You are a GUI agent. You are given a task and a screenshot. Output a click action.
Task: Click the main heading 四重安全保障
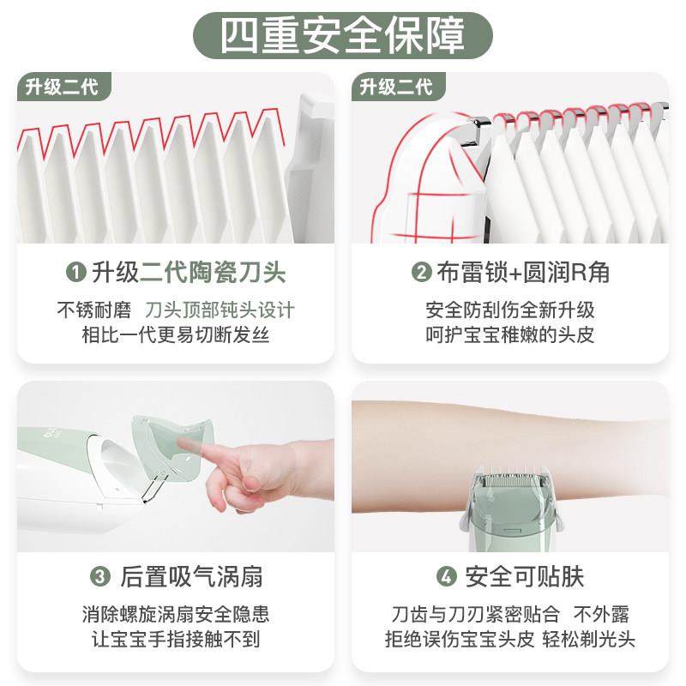point(342,33)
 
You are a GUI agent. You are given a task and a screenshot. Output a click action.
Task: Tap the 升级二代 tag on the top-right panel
point(396,87)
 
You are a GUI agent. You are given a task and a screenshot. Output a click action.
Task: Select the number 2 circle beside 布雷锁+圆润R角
point(421,274)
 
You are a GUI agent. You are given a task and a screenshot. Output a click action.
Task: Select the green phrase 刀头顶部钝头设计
point(220,310)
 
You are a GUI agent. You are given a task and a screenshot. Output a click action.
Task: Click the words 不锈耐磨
point(91,310)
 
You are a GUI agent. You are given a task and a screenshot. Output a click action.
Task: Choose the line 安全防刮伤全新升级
point(510,310)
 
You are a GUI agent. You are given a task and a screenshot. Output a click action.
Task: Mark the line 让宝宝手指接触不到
point(176,640)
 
